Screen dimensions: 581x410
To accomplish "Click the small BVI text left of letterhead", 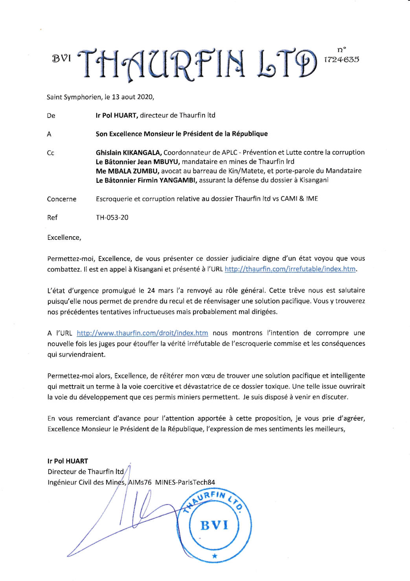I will (x=61, y=59).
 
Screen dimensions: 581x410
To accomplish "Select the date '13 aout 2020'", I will (x=132, y=97).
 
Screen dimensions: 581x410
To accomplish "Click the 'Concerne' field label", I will (x=62, y=199).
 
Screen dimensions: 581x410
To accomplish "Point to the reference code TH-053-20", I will (x=112, y=217).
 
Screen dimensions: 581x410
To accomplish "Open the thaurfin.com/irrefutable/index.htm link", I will (x=290, y=269).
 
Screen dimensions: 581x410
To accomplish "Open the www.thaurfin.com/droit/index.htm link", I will (x=142, y=333).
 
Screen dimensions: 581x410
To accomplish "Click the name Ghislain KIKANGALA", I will (x=129, y=153).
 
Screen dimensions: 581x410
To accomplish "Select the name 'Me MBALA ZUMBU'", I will (x=127, y=171).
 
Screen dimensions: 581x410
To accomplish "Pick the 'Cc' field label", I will (x=50, y=153).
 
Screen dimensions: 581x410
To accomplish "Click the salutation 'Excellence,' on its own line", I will (x=64, y=237).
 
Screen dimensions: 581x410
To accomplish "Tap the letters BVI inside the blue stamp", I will (x=214, y=526).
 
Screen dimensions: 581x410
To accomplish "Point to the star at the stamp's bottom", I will (x=214, y=556).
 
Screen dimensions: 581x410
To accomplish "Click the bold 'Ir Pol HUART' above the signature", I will (x=68, y=461).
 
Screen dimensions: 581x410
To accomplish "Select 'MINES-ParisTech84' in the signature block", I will (x=185, y=482).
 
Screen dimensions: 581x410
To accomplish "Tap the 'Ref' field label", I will (x=52, y=217).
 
